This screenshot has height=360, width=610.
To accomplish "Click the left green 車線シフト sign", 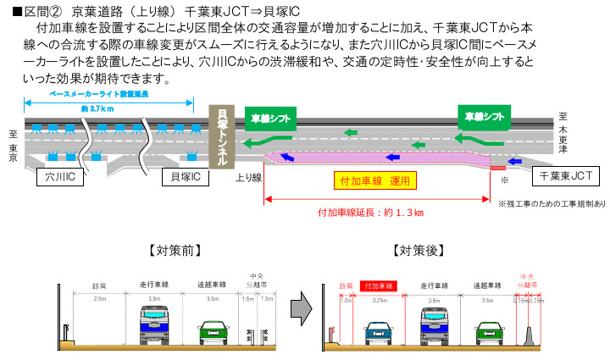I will coord(271,117).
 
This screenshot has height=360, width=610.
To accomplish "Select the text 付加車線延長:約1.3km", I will coord(370,212).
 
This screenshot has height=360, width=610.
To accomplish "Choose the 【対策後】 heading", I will coord(419,251).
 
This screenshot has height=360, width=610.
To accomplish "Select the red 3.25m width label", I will coord(380,299).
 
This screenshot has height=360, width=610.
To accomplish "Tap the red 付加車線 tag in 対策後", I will coord(380,286).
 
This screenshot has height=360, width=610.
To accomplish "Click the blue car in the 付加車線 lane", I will coord(380,331).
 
